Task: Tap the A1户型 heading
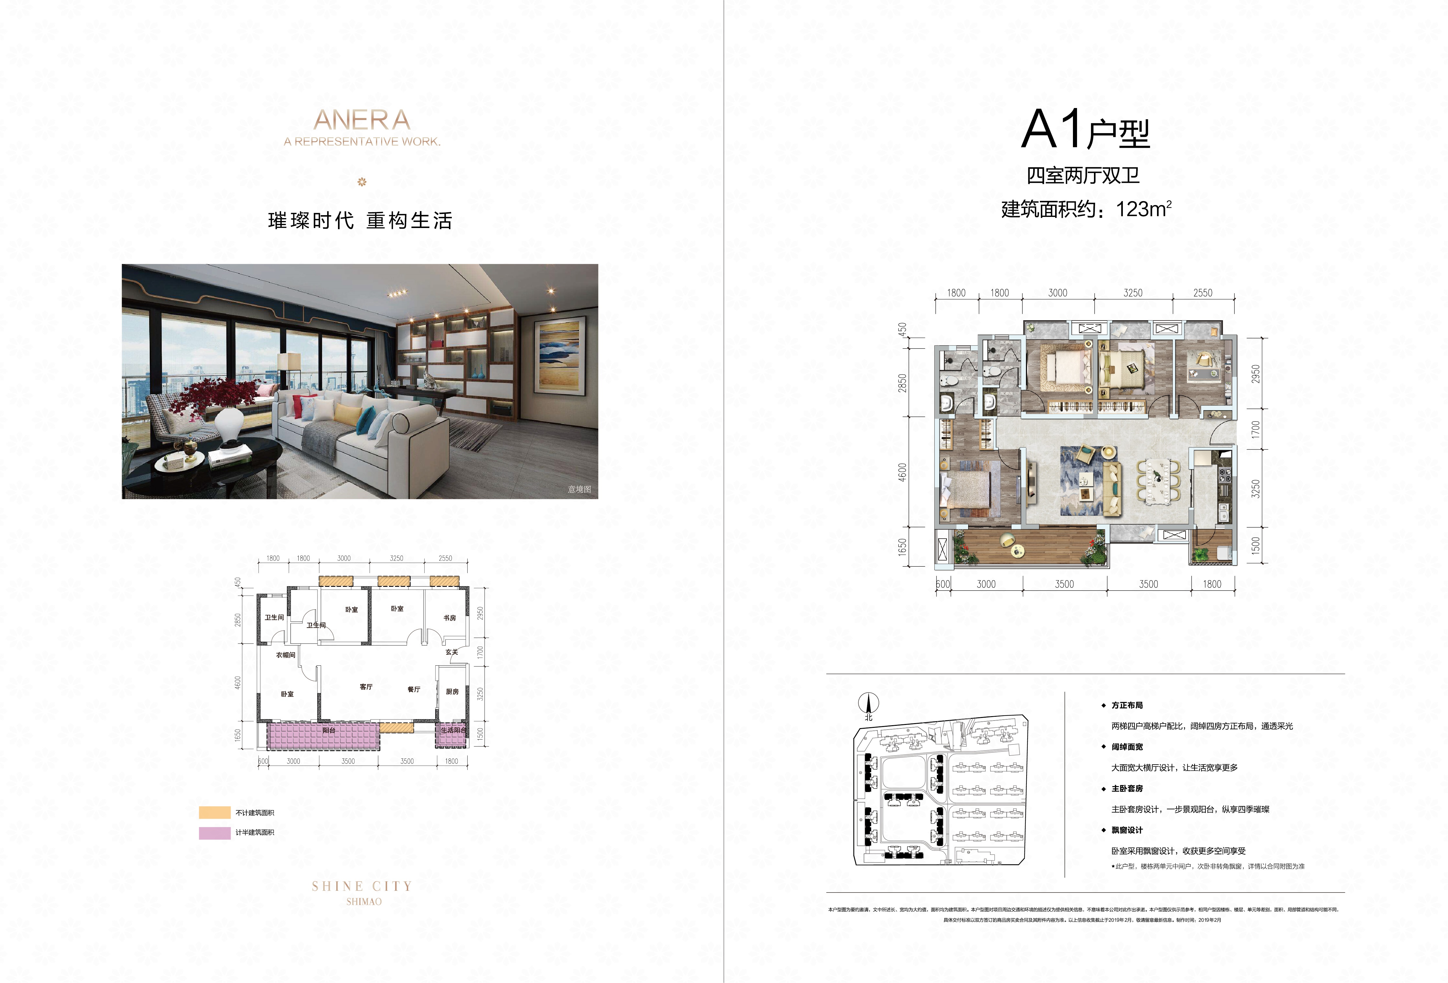coord(1085,130)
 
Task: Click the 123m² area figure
coord(1143,209)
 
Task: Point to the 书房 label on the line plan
coord(449,618)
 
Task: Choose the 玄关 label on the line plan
coord(452,652)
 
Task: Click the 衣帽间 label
coord(285,655)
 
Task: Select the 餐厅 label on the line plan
coord(414,689)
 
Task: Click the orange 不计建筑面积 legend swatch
coord(214,812)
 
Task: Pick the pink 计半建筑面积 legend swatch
coord(214,833)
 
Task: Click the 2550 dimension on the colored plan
coord(1203,293)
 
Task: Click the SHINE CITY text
coord(362,886)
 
